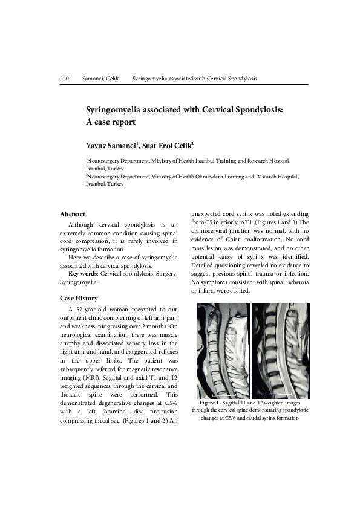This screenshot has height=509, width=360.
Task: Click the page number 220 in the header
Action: tap(65, 79)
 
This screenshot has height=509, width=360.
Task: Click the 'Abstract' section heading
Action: tap(73, 215)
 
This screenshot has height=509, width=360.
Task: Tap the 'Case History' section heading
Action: tap(79, 298)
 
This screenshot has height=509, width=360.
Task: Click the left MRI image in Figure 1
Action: tap(223, 351)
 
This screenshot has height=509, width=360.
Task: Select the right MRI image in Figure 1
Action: tap(280, 351)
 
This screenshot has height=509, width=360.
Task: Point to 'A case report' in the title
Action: tap(110, 122)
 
